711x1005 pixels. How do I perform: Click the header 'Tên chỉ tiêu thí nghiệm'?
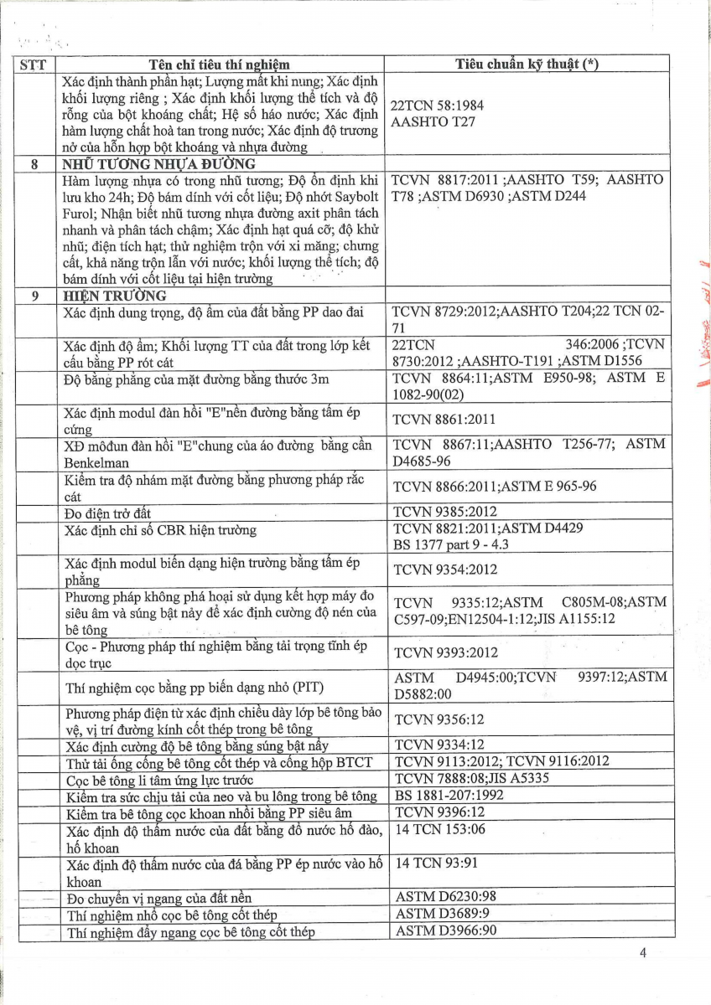point(219,64)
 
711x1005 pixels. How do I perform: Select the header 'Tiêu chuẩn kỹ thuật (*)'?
point(527,64)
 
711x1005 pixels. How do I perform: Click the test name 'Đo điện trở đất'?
point(108,513)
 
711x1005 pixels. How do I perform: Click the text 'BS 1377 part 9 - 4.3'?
point(451,544)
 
